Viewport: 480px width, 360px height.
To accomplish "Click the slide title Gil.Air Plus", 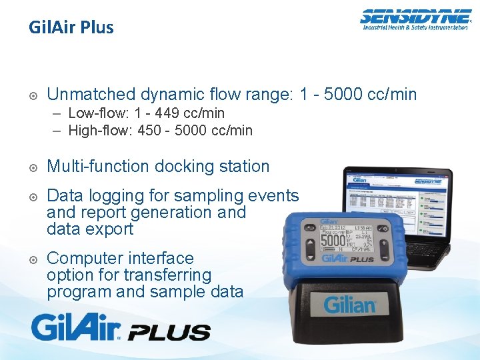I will pos(71,28).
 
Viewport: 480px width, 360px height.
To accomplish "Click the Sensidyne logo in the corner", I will pos(414,19).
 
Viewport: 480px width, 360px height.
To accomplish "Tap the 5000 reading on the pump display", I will pos(333,239).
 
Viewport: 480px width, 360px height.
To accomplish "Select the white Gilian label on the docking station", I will pos(350,305).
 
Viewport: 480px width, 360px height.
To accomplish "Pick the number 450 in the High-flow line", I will pos(149,131).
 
